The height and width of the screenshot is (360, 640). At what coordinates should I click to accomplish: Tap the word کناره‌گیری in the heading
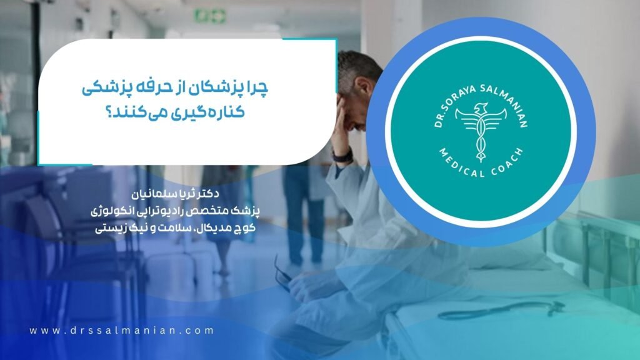203,111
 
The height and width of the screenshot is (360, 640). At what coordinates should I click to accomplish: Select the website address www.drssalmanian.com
121,331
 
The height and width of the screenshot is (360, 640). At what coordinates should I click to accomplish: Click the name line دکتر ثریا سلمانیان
176,194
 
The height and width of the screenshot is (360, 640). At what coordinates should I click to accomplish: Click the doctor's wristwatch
342,155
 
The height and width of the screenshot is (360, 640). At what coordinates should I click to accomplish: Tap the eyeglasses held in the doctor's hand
284,274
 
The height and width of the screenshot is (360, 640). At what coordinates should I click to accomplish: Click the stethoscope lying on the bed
502,310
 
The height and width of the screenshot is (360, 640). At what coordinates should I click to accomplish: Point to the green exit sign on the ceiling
210,16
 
